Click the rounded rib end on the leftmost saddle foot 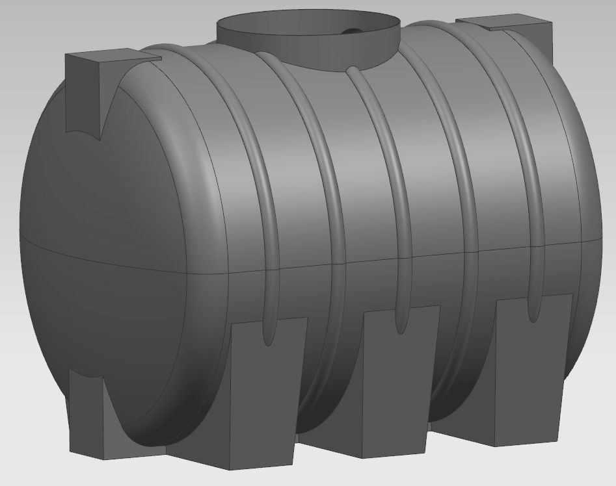click(267, 331)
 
